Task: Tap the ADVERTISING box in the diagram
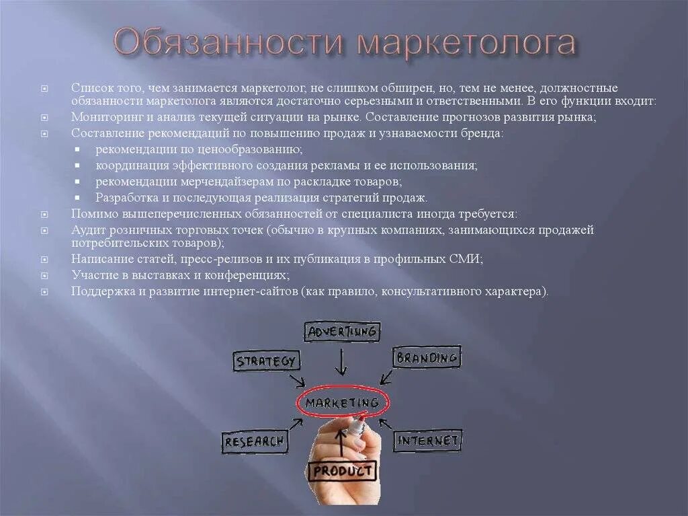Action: (341, 332)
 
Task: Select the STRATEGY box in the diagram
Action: (266, 361)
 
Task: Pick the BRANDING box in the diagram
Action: (427, 357)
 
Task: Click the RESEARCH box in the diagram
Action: (255, 442)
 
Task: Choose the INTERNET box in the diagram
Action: (428, 441)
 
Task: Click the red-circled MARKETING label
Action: (342, 402)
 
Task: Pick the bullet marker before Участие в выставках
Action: (45, 275)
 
